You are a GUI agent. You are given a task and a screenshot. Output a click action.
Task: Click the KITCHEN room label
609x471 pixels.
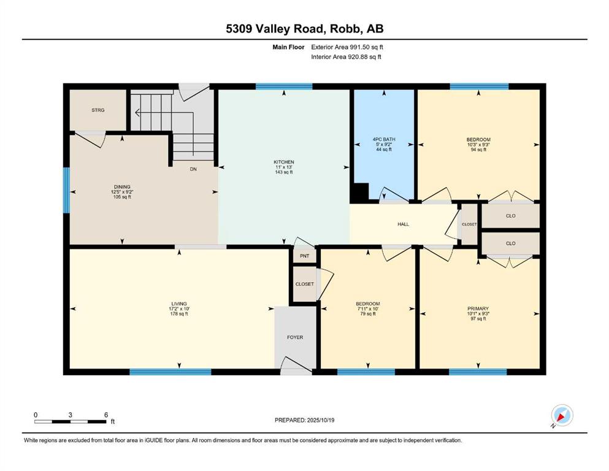click(x=284, y=162)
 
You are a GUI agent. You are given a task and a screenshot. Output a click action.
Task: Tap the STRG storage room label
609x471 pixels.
click(x=98, y=110)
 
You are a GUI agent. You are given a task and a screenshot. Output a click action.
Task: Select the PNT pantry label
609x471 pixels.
click(x=304, y=256)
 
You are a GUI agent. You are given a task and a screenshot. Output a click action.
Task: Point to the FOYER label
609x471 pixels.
click(x=295, y=337)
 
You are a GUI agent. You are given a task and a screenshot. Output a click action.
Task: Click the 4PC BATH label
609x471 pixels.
click(x=384, y=139)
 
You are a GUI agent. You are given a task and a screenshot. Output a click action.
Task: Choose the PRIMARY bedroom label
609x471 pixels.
click(x=478, y=308)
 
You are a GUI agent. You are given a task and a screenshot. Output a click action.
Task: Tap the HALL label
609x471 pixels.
click(x=403, y=224)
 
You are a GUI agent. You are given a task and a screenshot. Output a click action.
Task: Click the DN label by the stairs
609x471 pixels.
click(x=193, y=169)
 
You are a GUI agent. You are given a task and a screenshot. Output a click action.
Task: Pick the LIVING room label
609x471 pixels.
click(x=179, y=304)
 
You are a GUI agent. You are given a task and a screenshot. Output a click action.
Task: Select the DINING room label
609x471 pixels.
click(x=122, y=187)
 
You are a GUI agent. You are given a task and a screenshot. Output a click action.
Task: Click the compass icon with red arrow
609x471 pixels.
click(x=562, y=415)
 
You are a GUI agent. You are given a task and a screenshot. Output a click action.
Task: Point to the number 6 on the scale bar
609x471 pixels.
click(x=106, y=415)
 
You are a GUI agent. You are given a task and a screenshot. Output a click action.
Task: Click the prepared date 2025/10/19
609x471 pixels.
click(x=320, y=420)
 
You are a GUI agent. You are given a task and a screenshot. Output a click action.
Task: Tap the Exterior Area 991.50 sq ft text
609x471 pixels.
click(x=347, y=47)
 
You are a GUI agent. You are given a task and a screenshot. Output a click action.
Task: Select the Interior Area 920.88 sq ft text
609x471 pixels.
click(x=346, y=56)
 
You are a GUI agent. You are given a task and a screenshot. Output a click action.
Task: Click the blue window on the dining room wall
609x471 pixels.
click(x=66, y=190)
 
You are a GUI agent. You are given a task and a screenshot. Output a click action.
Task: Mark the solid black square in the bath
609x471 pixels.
click(x=359, y=192)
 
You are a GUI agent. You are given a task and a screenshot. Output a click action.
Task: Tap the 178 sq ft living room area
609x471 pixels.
click(x=179, y=314)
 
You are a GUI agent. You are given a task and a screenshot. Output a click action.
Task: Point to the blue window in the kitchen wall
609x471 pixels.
click(x=284, y=86)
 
